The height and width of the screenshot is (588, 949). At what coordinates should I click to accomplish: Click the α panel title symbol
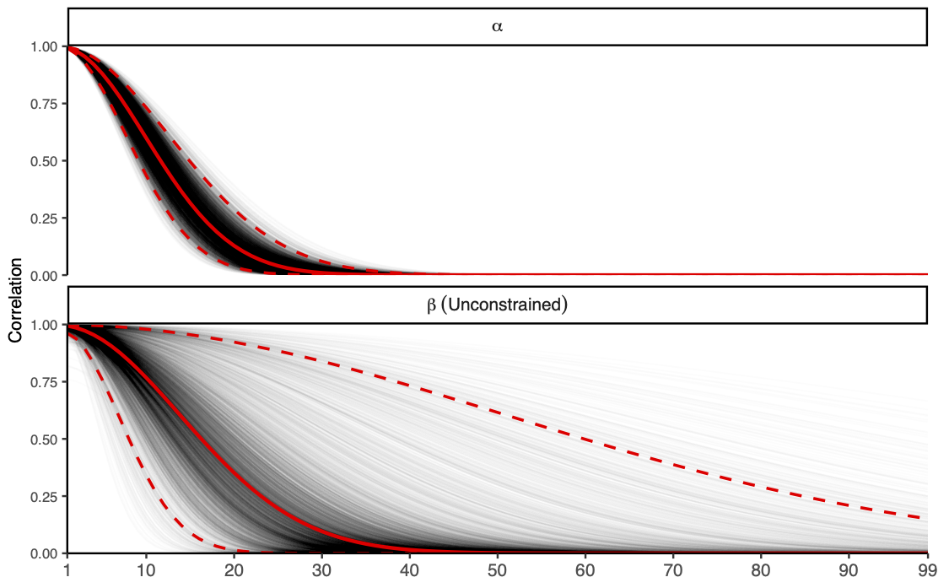click(497, 26)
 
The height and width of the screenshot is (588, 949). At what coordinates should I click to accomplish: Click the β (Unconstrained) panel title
click(497, 305)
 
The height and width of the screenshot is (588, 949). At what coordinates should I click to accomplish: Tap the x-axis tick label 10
click(147, 571)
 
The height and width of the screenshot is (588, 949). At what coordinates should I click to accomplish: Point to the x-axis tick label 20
click(235, 571)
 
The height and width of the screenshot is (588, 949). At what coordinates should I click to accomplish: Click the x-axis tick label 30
click(322, 571)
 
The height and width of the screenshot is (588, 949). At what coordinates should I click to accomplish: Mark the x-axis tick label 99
click(927, 571)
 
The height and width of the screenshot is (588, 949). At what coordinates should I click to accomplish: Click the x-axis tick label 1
click(67, 571)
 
